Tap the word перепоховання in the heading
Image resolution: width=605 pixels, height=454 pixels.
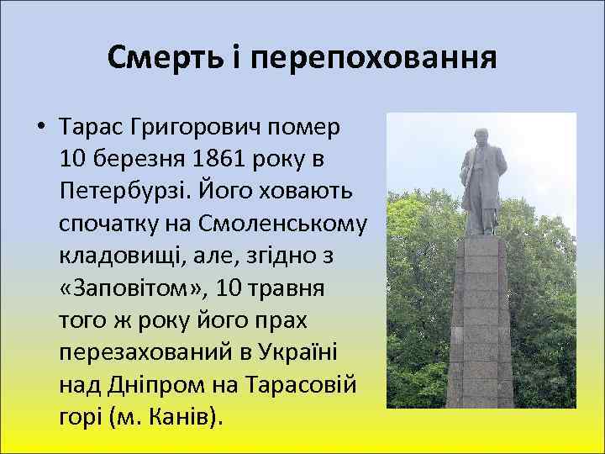373,57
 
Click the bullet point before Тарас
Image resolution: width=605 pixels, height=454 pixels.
39,129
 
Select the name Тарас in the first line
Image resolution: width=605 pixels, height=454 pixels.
88,128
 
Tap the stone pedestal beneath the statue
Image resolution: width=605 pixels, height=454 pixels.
480,328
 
